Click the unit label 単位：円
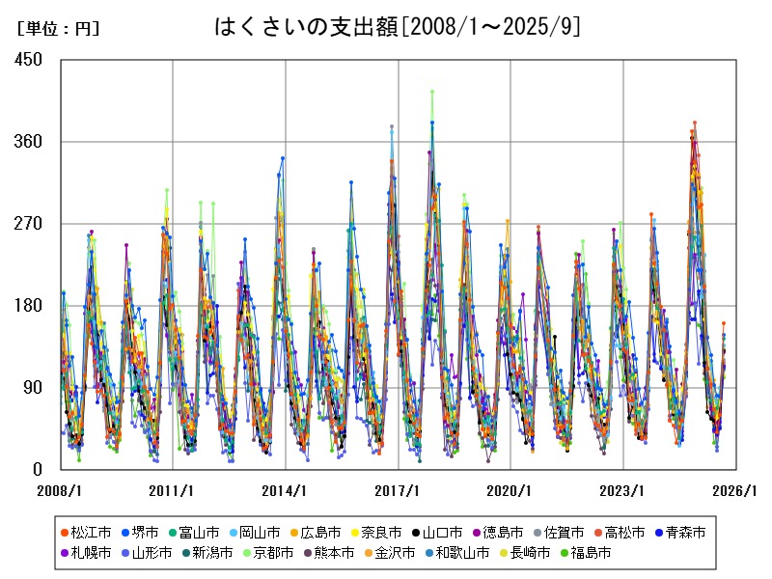click(59, 28)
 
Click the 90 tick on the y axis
click(34, 388)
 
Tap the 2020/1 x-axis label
click(510, 490)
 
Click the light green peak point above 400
click(432, 92)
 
